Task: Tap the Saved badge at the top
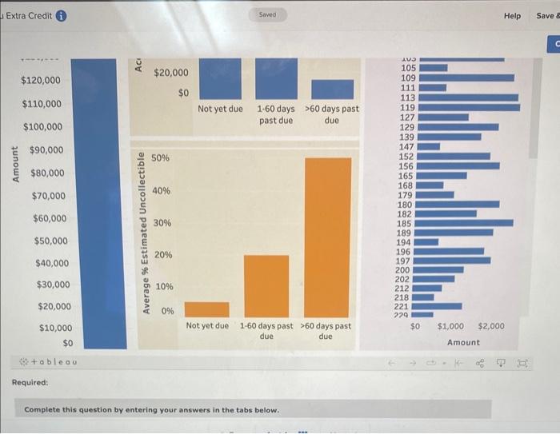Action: [x=267, y=15]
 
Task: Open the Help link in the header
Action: [x=512, y=16]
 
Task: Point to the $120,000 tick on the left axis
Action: [x=41, y=81]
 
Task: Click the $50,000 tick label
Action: [x=50, y=241]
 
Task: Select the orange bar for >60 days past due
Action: [x=328, y=237]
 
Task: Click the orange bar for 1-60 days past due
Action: [x=266, y=286]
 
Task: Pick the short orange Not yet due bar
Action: [x=206, y=309]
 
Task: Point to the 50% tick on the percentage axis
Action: [x=160, y=159]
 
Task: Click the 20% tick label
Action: [x=162, y=254]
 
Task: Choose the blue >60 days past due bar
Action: [x=332, y=89]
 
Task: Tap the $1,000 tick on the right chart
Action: [x=450, y=327]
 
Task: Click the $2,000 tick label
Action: [x=490, y=327]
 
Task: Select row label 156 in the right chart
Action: [x=406, y=166]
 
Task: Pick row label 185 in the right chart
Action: [x=406, y=223]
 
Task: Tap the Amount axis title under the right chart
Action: [x=463, y=342]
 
